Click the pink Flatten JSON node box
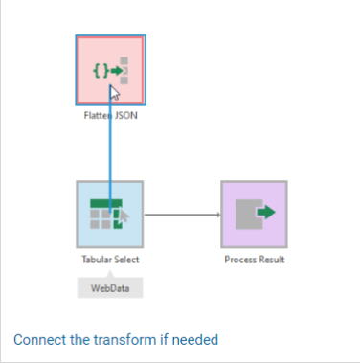pos(111,70)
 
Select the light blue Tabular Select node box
pos(110,215)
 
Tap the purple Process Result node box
pos(254,215)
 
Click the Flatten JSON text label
pos(111,115)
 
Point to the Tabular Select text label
pos(110,260)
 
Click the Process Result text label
pos(255,260)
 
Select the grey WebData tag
pos(110,287)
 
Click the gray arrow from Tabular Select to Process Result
pos(182,215)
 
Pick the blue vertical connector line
pos(110,149)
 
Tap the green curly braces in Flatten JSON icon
pos(101,70)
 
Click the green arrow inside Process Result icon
pos(266,212)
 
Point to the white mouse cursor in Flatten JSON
pos(115,93)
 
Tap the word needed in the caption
pos(195,340)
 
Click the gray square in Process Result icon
pos(249,215)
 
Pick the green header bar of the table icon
pos(106,203)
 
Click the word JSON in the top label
pos(126,115)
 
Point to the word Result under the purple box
pos(272,260)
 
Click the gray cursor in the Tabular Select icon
pos(124,216)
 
